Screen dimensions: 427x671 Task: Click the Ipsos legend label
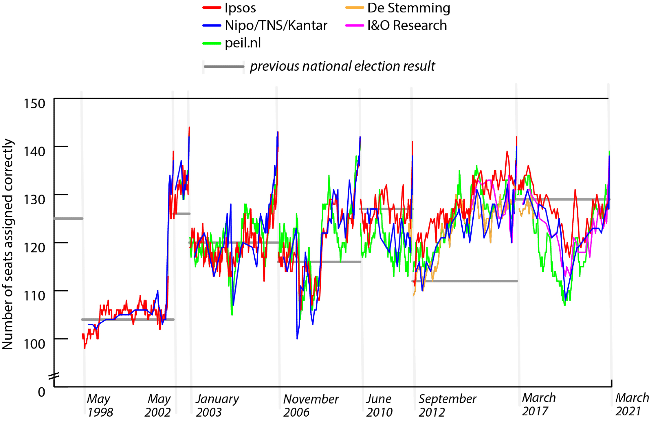tap(240, 8)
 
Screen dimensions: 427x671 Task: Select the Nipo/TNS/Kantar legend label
tap(276, 25)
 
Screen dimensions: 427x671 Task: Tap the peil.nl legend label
tap(243, 43)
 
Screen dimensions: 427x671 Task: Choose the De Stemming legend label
tap(409, 8)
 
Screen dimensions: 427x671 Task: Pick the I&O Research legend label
tap(407, 25)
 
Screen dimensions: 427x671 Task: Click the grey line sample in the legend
tap(224, 66)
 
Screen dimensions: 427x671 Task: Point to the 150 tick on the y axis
tap(34, 104)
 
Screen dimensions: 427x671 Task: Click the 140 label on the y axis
tap(34, 152)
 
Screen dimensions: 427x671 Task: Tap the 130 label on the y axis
tap(34, 200)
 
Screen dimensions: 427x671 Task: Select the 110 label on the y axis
tap(34, 296)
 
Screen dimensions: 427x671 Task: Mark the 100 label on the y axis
tap(34, 344)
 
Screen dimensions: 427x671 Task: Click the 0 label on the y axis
tap(42, 392)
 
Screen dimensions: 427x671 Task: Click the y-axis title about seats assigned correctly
tap(8, 244)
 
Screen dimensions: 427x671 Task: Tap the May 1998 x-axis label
tap(100, 406)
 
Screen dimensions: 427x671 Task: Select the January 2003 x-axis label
tap(217, 406)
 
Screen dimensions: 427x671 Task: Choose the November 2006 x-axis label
tap(311, 406)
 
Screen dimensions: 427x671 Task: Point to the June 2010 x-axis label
tap(379, 406)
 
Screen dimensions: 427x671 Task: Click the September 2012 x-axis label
tap(447, 406)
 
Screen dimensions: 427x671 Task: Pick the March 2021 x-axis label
tap(632, 404)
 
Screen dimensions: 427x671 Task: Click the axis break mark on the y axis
tap(54, 376)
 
